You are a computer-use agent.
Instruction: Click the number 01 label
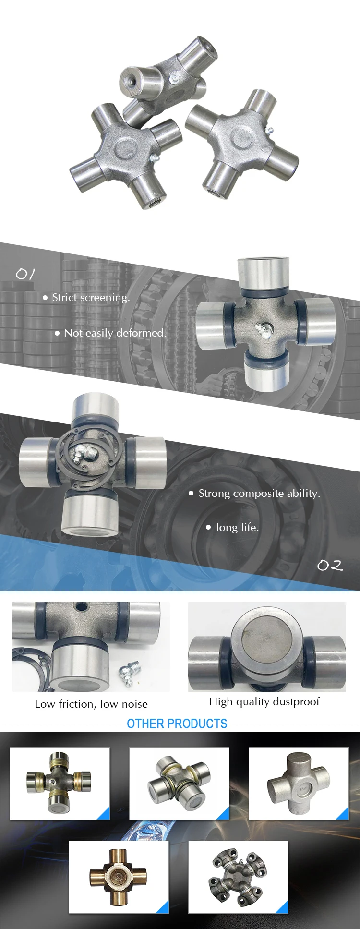[25, 274]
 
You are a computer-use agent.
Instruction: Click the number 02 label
[330, 566]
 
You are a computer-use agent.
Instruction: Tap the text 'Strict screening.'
[91, 298]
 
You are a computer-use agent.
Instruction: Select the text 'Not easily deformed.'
[115, 333]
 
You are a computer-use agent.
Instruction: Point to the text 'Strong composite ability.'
[259, 494]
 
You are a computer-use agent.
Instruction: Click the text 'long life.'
[237, 528]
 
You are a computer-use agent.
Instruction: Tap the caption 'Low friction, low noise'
[91, 704]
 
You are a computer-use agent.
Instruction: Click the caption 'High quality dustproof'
[264, 702]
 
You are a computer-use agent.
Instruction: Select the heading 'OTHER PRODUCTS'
[177, 724]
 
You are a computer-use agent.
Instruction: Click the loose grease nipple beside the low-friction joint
[130, 669]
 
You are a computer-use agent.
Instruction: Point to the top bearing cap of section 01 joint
[264, 274]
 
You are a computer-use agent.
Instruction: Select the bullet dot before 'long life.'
[208, 528]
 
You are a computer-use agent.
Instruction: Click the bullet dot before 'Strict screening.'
[45, 298]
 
